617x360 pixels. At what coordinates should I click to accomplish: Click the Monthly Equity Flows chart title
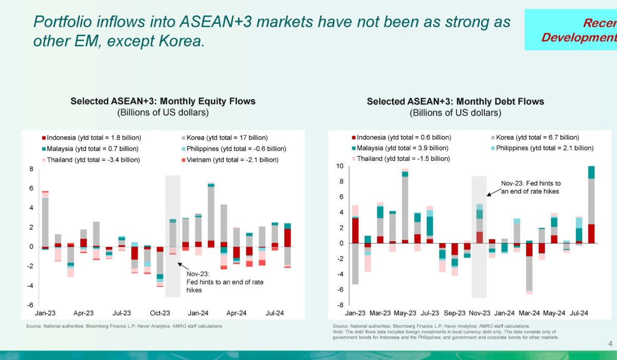[162, 101]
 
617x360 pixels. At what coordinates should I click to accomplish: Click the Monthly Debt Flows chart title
[455, 102]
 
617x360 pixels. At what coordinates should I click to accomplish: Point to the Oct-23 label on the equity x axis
[160, 313]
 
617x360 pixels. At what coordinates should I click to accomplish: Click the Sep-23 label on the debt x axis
[455, 313]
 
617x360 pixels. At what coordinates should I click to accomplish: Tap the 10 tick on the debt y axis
[340, 166]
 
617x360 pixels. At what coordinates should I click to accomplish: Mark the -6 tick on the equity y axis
[31, 304]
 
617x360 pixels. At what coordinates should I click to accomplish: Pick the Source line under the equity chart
[124, 326]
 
